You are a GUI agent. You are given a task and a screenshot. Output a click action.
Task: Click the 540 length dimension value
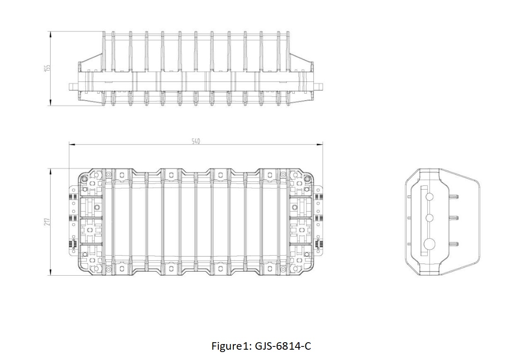tap(196, 141)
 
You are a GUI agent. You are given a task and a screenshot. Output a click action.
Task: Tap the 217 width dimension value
tap(47, 222)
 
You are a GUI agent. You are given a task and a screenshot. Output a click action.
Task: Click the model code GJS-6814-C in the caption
tap(283, 346)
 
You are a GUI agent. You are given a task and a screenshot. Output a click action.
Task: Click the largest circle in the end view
tap(429, 244)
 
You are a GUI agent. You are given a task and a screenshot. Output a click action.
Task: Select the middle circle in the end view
tap(429, 218)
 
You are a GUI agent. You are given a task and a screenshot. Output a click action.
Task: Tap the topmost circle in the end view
tap(429, 197)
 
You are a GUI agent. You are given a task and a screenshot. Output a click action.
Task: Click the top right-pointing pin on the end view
tap(455, 197)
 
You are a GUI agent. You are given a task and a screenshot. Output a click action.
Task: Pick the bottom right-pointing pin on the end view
tap(455, 244)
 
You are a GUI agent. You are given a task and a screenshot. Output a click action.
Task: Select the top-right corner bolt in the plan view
tap(307, 179)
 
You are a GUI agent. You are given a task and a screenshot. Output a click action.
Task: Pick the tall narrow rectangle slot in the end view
tap(423, 220)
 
